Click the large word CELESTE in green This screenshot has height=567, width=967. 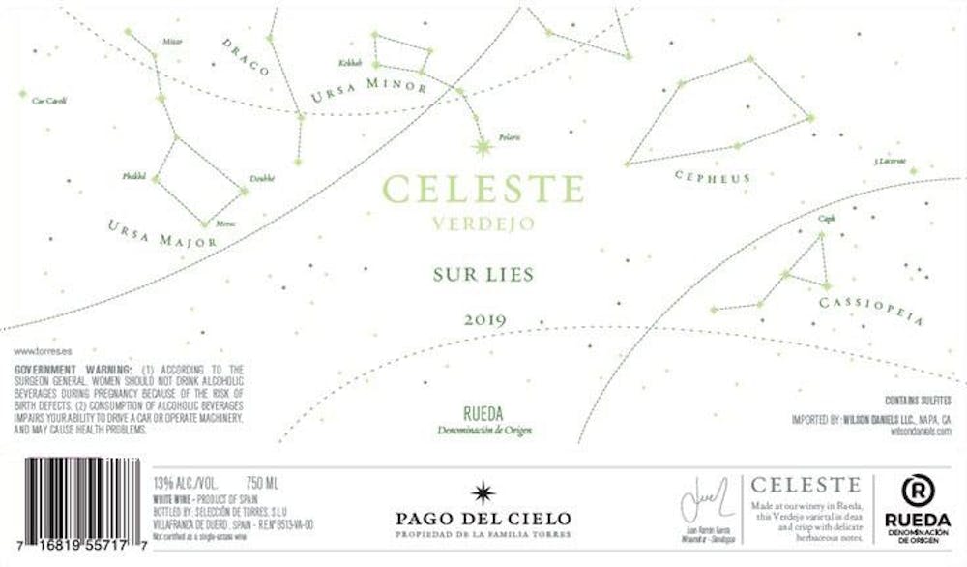[x=483, y=188]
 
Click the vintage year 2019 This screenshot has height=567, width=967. [x=484, y=320]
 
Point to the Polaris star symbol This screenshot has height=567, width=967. [x=480, y=146]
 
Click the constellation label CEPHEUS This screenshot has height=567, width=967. [x=713, y=177]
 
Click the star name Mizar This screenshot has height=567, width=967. [x=173, y=42]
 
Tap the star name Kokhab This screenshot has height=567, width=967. [x=349, y=63]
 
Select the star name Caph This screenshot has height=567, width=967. [x=826, y=219]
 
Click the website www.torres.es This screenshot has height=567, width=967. [x=38, y=354]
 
